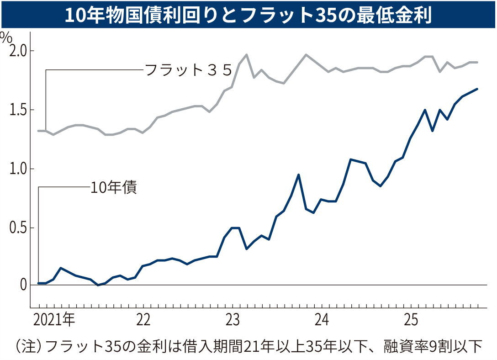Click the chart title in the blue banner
click(248, 15)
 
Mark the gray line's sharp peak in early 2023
click(247, 55)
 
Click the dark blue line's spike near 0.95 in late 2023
click(298, 175)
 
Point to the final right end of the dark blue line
click(477, 89)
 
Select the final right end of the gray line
click(477, 62)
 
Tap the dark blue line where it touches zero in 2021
click(98, 285)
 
